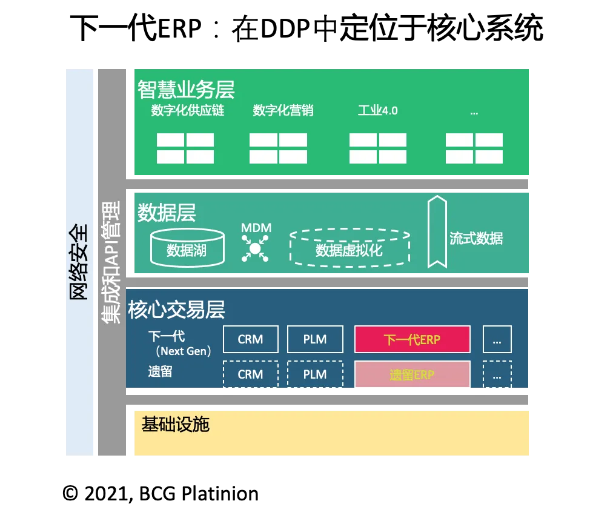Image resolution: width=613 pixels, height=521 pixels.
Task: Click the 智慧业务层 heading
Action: coord(185,89)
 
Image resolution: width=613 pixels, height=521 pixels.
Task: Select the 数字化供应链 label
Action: coord(188,111)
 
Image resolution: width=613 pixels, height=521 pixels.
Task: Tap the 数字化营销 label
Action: coord(283,111)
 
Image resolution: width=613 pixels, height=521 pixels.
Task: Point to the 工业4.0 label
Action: coord(377,111)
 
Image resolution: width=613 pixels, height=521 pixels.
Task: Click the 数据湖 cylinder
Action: coord(187,247)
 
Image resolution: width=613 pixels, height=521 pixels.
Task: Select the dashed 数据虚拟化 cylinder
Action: coord(350,248)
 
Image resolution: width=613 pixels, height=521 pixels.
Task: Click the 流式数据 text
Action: coord(476,238)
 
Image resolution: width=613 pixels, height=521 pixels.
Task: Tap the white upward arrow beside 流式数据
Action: coord(437,231)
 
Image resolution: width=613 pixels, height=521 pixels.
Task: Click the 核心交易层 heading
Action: coord(176,310)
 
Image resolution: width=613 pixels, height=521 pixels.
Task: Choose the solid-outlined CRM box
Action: coord(251,339)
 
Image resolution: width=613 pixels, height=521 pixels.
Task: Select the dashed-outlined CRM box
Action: coord(251,374)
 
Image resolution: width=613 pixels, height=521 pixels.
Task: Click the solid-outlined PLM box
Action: coord(315,339)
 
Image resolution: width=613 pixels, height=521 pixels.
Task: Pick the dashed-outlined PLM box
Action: coord(315,374)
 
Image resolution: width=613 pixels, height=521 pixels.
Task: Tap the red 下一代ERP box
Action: coord(412,339)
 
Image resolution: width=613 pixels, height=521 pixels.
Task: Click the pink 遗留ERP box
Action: coord(412,374)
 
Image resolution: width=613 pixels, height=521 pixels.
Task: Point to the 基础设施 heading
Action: coord(175,424)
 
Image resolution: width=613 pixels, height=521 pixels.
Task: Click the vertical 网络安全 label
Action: coord(79,262)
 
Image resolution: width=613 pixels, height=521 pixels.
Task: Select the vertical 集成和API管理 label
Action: coord(111,262)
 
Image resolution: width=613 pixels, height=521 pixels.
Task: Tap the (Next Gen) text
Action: coord(183,351)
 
